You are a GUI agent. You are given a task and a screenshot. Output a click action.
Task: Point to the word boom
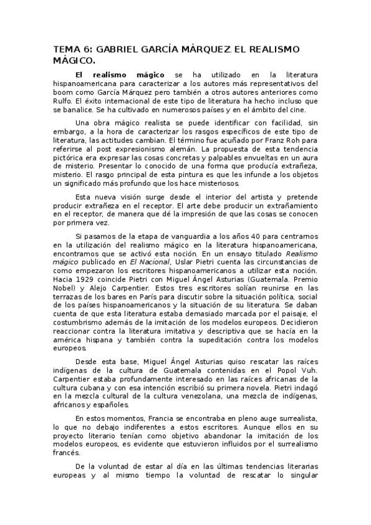point(64,91)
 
